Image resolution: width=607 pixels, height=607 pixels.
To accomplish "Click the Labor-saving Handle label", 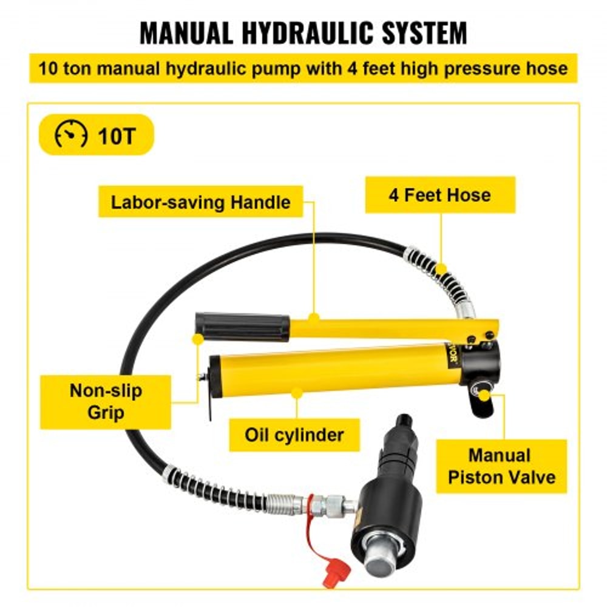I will [200, 202].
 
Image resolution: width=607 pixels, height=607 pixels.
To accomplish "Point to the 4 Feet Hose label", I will [439, 195].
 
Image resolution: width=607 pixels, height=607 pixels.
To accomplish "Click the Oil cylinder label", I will [294, 435].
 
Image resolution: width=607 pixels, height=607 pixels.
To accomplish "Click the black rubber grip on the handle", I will [242, 327].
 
